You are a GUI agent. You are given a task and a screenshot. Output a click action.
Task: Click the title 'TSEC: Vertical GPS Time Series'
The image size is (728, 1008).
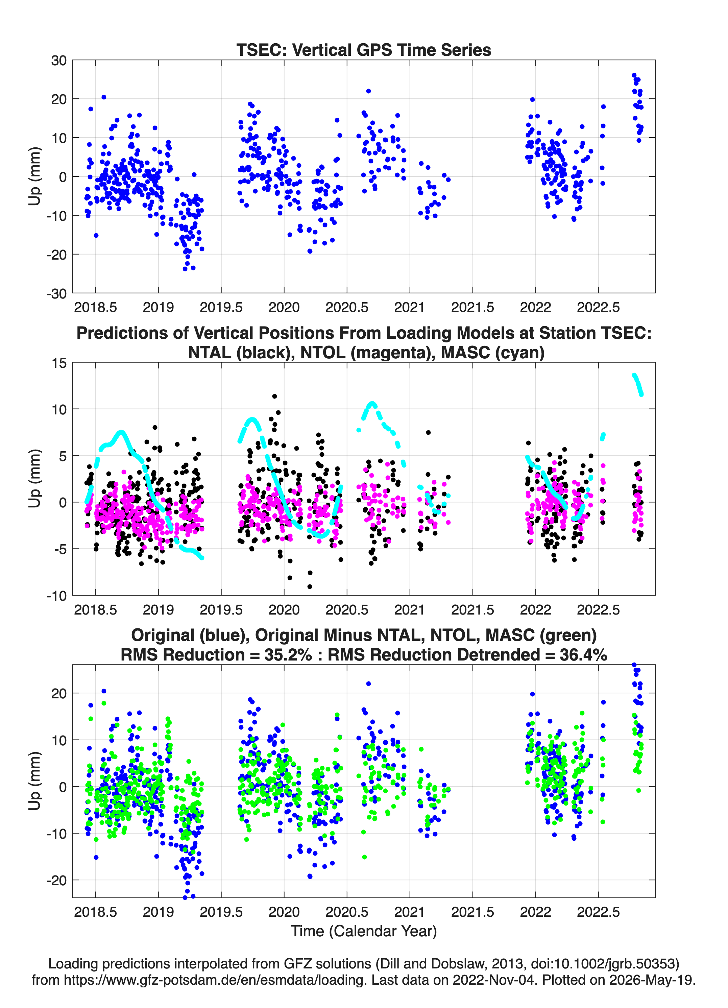click(364, 50)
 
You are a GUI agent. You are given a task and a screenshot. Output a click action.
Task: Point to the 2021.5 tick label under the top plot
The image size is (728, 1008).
click(472, 307)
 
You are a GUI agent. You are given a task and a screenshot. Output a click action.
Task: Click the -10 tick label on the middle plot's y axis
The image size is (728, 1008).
click(56, 596)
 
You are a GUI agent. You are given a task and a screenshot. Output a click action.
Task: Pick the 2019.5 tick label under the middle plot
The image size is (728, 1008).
click(221, 609)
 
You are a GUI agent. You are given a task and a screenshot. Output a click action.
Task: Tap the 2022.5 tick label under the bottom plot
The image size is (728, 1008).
click(598, 912)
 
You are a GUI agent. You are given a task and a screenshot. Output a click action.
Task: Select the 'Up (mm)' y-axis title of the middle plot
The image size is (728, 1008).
click(35, 478)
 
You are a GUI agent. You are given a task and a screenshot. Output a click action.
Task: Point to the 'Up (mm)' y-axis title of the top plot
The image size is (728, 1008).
click(35, 176)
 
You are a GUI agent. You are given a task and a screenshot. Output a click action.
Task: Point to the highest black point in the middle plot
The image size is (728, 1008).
click(275, 397)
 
